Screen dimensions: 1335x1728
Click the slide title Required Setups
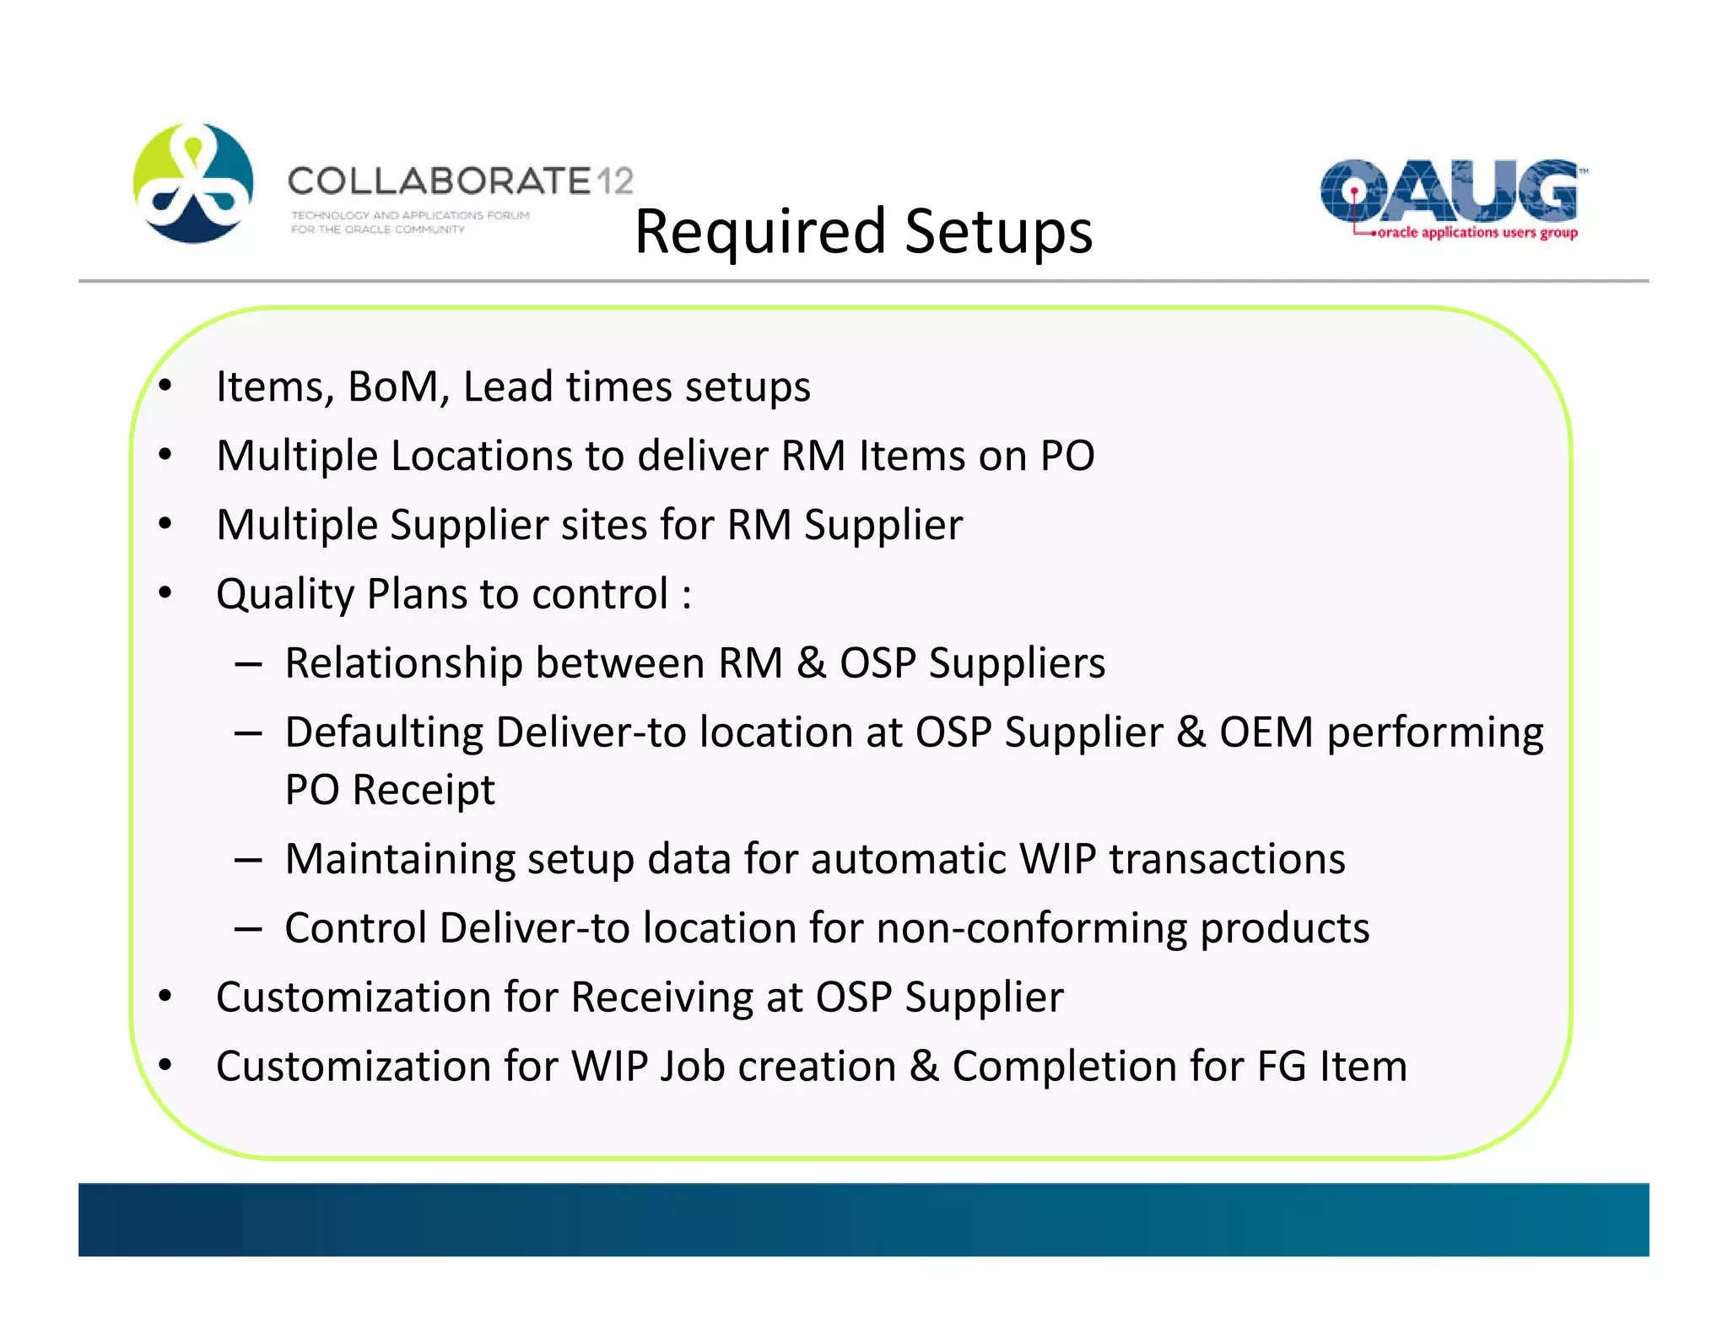pos(863,231)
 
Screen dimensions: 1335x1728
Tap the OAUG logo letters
pos(1449,191)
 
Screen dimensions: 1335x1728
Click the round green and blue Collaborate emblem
pos(193,183)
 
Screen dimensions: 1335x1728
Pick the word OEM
pos(1266,732)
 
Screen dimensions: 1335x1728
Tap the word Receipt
pos(424,790)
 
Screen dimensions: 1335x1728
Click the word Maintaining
pos(399,859)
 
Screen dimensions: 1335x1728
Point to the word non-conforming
pos(1031,928)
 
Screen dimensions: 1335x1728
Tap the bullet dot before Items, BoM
pos(165,386)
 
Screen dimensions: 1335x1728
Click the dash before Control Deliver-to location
pos(248,929)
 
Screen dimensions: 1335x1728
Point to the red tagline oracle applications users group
pos(1477,233)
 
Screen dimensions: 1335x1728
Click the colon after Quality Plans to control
pos(687,596)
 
